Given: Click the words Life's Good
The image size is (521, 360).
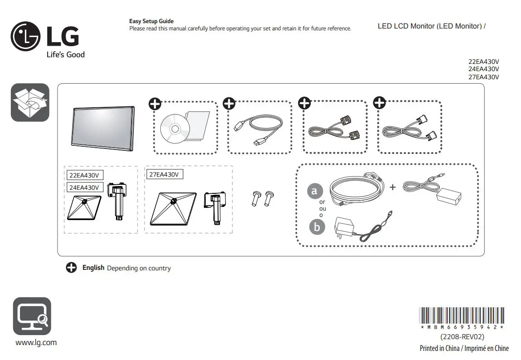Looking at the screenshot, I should pos(66,55).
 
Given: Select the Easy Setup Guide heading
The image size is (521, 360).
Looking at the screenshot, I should pos(151,21).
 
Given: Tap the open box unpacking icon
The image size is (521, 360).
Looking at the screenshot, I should pos(30,102).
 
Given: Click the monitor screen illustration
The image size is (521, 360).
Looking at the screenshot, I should pos(103,127).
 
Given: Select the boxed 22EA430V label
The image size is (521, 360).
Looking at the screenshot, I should pos(84,175).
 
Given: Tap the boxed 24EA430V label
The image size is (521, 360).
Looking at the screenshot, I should pos(84,187).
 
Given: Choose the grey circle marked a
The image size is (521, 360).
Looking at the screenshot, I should pos(315,191).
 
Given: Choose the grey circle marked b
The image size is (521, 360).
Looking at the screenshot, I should pos(317,227).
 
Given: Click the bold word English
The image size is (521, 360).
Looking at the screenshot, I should pos(93,268).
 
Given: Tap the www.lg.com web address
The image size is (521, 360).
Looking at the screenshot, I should pos(36,342).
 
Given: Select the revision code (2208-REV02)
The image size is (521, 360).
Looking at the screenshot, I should pos(462,337).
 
